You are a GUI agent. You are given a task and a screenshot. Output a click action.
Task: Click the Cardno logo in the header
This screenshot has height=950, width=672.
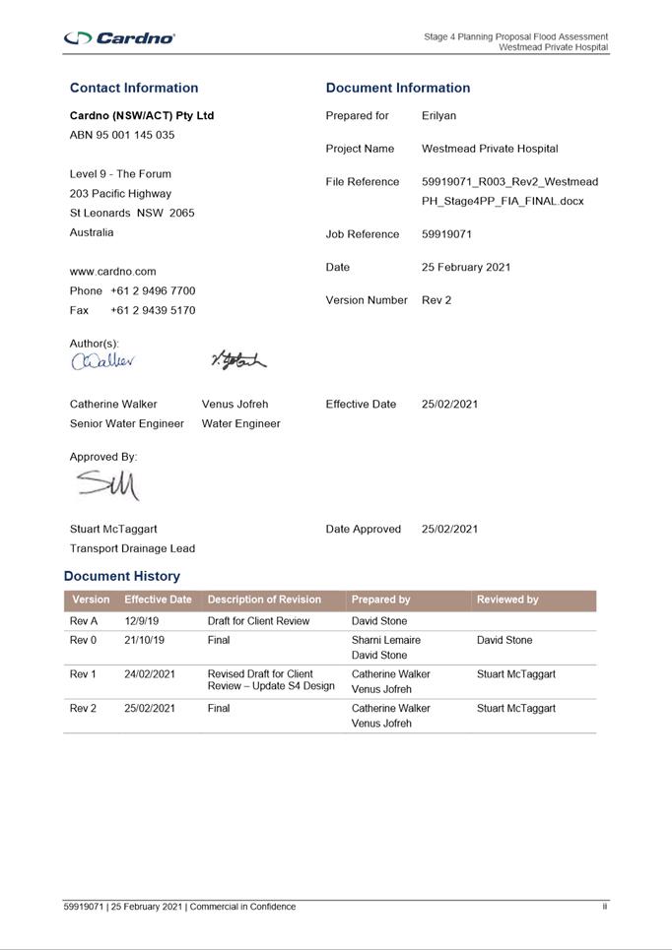(119, 37)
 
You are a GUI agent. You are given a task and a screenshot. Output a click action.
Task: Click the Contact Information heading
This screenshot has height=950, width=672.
(134, 88)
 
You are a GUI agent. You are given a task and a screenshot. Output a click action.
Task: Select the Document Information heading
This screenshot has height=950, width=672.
(398, 88)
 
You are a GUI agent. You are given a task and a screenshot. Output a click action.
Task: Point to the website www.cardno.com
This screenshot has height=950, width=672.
(112, 271)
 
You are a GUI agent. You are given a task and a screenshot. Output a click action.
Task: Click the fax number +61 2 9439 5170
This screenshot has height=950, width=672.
(153, 310)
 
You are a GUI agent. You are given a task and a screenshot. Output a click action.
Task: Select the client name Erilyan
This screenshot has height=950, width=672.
(438, 115)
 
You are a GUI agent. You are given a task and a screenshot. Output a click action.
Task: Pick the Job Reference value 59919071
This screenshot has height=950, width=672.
(446, 234)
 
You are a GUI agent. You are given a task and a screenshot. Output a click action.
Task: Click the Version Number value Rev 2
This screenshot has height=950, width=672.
(437, 299)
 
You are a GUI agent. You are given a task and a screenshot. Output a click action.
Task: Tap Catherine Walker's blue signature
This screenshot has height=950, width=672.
(102, 361)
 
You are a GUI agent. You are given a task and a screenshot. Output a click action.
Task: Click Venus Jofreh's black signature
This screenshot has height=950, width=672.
(237, 361)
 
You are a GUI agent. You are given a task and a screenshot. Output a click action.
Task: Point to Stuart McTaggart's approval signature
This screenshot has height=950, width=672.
(108, 485)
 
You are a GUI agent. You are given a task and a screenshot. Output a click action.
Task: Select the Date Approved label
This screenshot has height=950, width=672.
(363, 529)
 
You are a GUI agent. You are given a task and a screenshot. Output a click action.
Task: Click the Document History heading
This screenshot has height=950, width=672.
(122, 576)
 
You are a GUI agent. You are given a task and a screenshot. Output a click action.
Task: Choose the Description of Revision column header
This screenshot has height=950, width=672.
(264, 600)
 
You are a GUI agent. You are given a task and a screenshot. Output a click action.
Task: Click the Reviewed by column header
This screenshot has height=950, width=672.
(507, 600)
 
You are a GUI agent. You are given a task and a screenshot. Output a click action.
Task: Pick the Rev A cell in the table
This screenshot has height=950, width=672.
(84, 621)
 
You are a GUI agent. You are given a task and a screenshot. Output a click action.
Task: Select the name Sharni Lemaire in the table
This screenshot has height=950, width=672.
(385, 640)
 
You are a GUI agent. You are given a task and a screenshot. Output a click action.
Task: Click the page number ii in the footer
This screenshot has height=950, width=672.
(605, 907)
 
